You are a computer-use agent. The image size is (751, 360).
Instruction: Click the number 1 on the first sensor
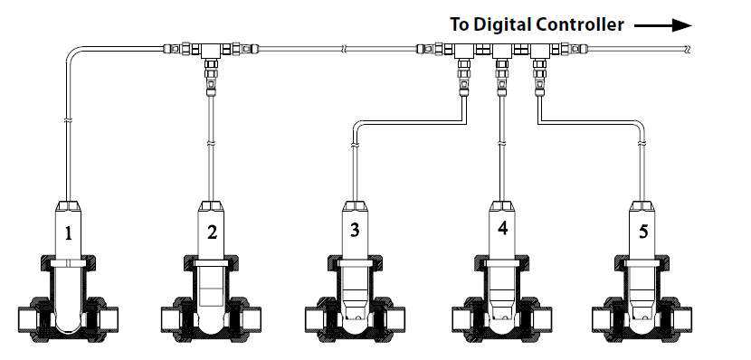pyautogui.click(x=68, y=233)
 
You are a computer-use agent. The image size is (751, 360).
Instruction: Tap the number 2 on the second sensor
pyautogui.click(x=212, y=232)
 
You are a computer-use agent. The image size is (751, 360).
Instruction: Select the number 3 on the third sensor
pyautogui.click(x=355, y=230)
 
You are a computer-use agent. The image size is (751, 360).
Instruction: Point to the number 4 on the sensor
pyautogui.click(x=502, y=228)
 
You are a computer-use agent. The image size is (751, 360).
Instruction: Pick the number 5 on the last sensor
pyautogui.click(x=643, y=232)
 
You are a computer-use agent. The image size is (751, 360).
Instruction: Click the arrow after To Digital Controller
pyautogui.click(x=663, y=25)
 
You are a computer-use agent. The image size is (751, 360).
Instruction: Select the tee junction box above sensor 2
pyautogui.click(x=211, y=50)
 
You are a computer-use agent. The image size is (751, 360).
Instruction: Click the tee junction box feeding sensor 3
pyautogui.click(x=463, y=50)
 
